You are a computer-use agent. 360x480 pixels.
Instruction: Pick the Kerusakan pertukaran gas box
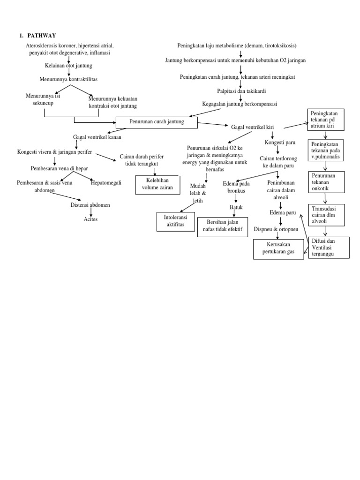click(x=279, y=248)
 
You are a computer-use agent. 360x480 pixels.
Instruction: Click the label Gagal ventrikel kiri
click(x=252, y=127)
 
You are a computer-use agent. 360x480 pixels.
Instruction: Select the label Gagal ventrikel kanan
click(x=97, y=137)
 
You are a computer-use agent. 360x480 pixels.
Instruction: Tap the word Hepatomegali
click(x=106, y=183)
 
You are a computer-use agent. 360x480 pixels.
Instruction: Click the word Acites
click(x=90, y=219)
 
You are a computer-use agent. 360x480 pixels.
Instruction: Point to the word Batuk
click(x=236, y=207)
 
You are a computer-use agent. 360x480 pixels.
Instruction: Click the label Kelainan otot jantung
click(x=68, y=66)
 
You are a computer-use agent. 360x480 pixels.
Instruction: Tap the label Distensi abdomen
click(x=90, y=205)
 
